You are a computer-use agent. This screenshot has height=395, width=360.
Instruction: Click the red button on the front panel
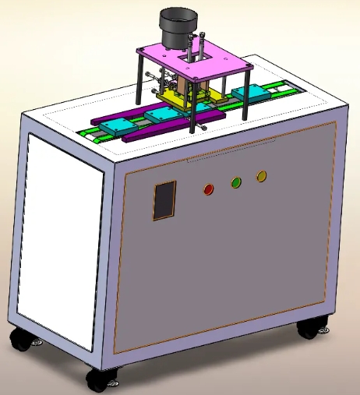coord(208,189)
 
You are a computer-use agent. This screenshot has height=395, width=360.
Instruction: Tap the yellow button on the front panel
coord(261,176)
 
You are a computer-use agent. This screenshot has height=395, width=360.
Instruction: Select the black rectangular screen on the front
coord(164,200)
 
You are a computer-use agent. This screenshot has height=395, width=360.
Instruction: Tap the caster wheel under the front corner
coord(101,379)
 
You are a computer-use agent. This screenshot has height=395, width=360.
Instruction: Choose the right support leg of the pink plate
coord(245,93)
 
